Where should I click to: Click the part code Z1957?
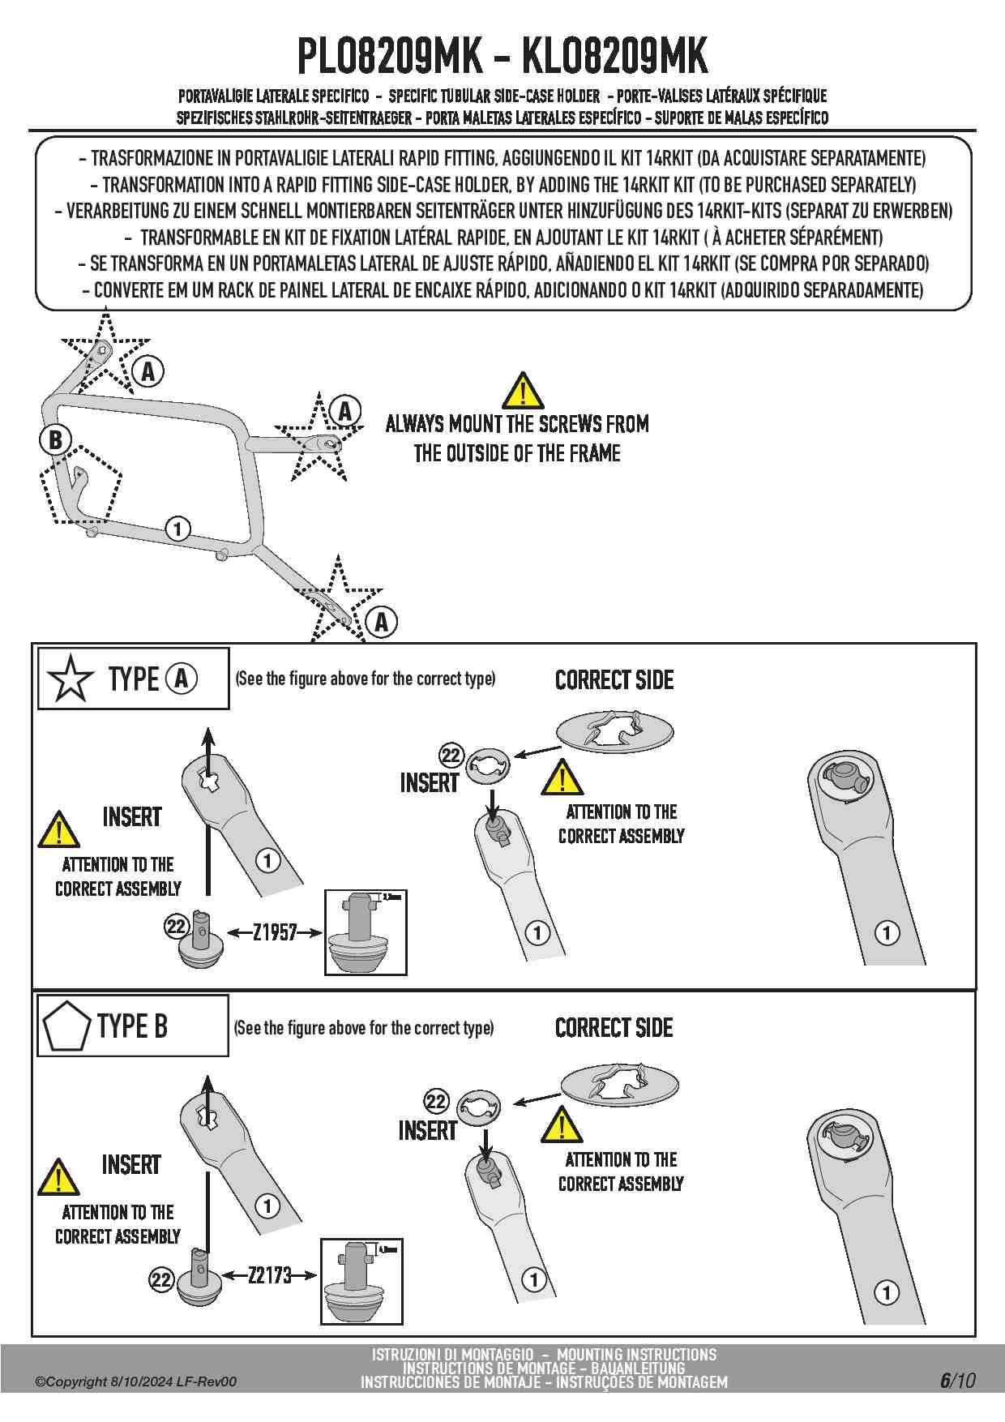click(275, 932)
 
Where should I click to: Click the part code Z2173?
click(270, 1275)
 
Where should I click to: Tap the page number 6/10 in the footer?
click(957, 1381)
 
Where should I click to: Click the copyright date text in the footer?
click(136, 1381)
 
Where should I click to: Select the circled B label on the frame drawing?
click(55, 439)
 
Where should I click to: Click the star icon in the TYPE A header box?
click(71, 679)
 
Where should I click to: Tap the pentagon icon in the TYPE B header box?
click(66, 1026)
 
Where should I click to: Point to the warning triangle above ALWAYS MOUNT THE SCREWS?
click(523, 391)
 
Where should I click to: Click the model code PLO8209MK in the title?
click(390, 57)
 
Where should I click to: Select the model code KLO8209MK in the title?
click(614, 57)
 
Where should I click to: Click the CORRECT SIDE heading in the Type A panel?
click(614, 680)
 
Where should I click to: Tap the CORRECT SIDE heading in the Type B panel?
click(614, 1028)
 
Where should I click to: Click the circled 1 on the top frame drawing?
click(177, 529)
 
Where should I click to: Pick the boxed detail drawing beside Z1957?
click(366, 932)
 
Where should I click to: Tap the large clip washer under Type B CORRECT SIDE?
click(620, 1085)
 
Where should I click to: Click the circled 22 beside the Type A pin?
click(176, 926)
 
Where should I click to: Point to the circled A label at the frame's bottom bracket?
click(381, 623)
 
